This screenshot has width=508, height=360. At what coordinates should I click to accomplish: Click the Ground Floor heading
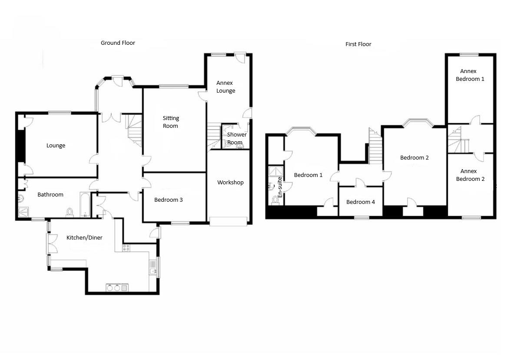118,43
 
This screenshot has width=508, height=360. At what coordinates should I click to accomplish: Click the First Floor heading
358,44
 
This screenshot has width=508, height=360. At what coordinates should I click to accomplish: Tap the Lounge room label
56,146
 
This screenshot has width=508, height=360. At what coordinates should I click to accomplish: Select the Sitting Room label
170,122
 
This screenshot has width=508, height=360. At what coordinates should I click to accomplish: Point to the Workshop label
230,183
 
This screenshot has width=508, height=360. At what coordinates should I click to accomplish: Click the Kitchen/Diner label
84,237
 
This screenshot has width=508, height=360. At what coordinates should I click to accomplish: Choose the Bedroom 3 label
169,200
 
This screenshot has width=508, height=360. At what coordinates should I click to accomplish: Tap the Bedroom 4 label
361,202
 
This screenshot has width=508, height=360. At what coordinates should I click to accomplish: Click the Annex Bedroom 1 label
470,75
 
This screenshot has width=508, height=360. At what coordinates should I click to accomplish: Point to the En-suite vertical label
280,187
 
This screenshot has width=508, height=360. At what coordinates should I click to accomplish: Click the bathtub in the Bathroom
85,205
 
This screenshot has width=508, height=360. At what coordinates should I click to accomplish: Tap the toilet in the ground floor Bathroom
70,212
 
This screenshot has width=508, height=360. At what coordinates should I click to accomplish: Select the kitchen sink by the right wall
153,268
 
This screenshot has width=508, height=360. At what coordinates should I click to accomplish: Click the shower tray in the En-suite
276,171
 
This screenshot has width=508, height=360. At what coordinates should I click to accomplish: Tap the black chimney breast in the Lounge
21,146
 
